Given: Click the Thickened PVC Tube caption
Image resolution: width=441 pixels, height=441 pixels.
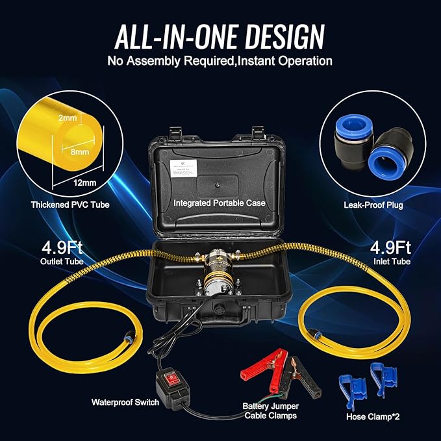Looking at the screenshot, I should coord(69,205).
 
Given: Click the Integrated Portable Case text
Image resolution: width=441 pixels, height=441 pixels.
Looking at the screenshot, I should coord(220,203).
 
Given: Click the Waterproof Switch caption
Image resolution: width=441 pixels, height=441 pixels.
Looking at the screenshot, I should coord(125,402).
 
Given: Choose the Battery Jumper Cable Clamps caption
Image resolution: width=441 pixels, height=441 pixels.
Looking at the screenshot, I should coord(270,410).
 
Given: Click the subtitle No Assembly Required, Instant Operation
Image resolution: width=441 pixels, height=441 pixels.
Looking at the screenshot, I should coord(220,62).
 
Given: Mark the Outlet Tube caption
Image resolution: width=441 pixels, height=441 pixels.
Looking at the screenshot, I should coord(60,262).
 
